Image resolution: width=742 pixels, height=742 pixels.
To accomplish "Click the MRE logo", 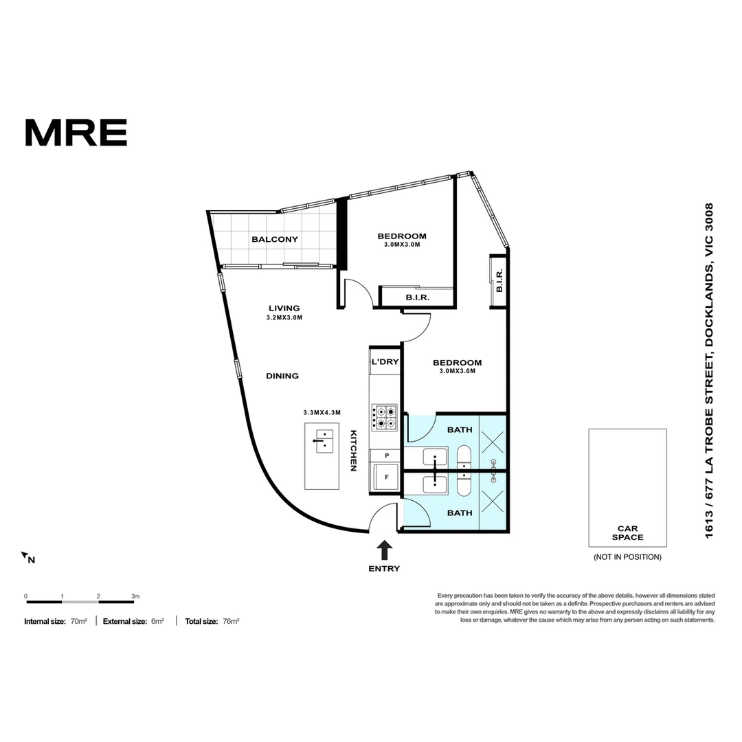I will pyautogui.click(x=76, y=133).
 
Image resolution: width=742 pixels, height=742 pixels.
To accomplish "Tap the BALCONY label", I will pyautogui.click(x=275, y=239).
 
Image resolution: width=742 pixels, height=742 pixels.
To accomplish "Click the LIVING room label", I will pyautogui.click(x=284, y=308).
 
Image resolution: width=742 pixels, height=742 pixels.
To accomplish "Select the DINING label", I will pyautogui.click(x=282, y=376).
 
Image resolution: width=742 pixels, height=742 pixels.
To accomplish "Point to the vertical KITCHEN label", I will pyautogui.click(x=354, y=450).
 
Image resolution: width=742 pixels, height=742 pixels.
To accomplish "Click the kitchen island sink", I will pyautogui.click(x=322, y=440).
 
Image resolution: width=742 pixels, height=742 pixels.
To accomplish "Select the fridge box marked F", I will pyautogui.click(x=386, y=477).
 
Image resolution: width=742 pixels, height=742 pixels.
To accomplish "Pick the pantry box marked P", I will pyautogui.click(x=386, y=456).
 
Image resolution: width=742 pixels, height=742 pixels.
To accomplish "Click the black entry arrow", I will pyautogui.click(x=385, y=549).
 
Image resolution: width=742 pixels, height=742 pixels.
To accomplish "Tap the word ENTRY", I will pyautogui.click(x=384, y=568).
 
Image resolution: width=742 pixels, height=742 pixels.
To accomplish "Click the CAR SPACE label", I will pyautogui.click(x=627, y=533).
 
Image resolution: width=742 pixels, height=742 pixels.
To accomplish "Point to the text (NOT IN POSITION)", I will pyautogui.click(x=627, y=556).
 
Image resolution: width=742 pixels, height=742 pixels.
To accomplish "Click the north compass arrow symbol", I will pyautogui.click(x=25, y=555).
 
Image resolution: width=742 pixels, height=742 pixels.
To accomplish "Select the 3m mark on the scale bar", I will pyautogui.click(x=135, y=596).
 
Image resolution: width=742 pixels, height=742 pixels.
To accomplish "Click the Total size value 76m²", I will pyautogui.click(x=231, y=621).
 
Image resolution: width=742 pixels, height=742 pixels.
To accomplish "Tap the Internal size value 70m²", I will pyautogui.click(x=79, y=621).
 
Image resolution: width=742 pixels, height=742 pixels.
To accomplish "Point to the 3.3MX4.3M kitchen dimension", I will pyautogui.click(x=322, y=413).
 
